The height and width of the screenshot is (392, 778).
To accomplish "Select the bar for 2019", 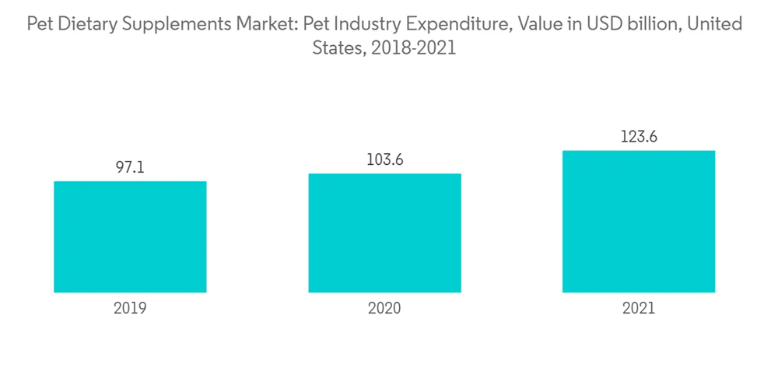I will coord(130,236).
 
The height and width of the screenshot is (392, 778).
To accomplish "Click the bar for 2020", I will coord(384,233).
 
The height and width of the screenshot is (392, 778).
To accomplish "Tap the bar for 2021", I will coord(639,221).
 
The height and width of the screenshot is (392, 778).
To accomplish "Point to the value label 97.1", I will coord(130,167).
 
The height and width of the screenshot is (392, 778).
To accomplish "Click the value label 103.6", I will coord(384,159).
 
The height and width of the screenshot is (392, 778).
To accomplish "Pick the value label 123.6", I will coord(639,136).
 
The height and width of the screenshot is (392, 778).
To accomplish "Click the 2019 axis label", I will coord(130,308).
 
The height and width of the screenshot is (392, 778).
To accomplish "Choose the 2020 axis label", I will coord(384,308).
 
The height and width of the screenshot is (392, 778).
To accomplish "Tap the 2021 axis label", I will coord(639,308).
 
